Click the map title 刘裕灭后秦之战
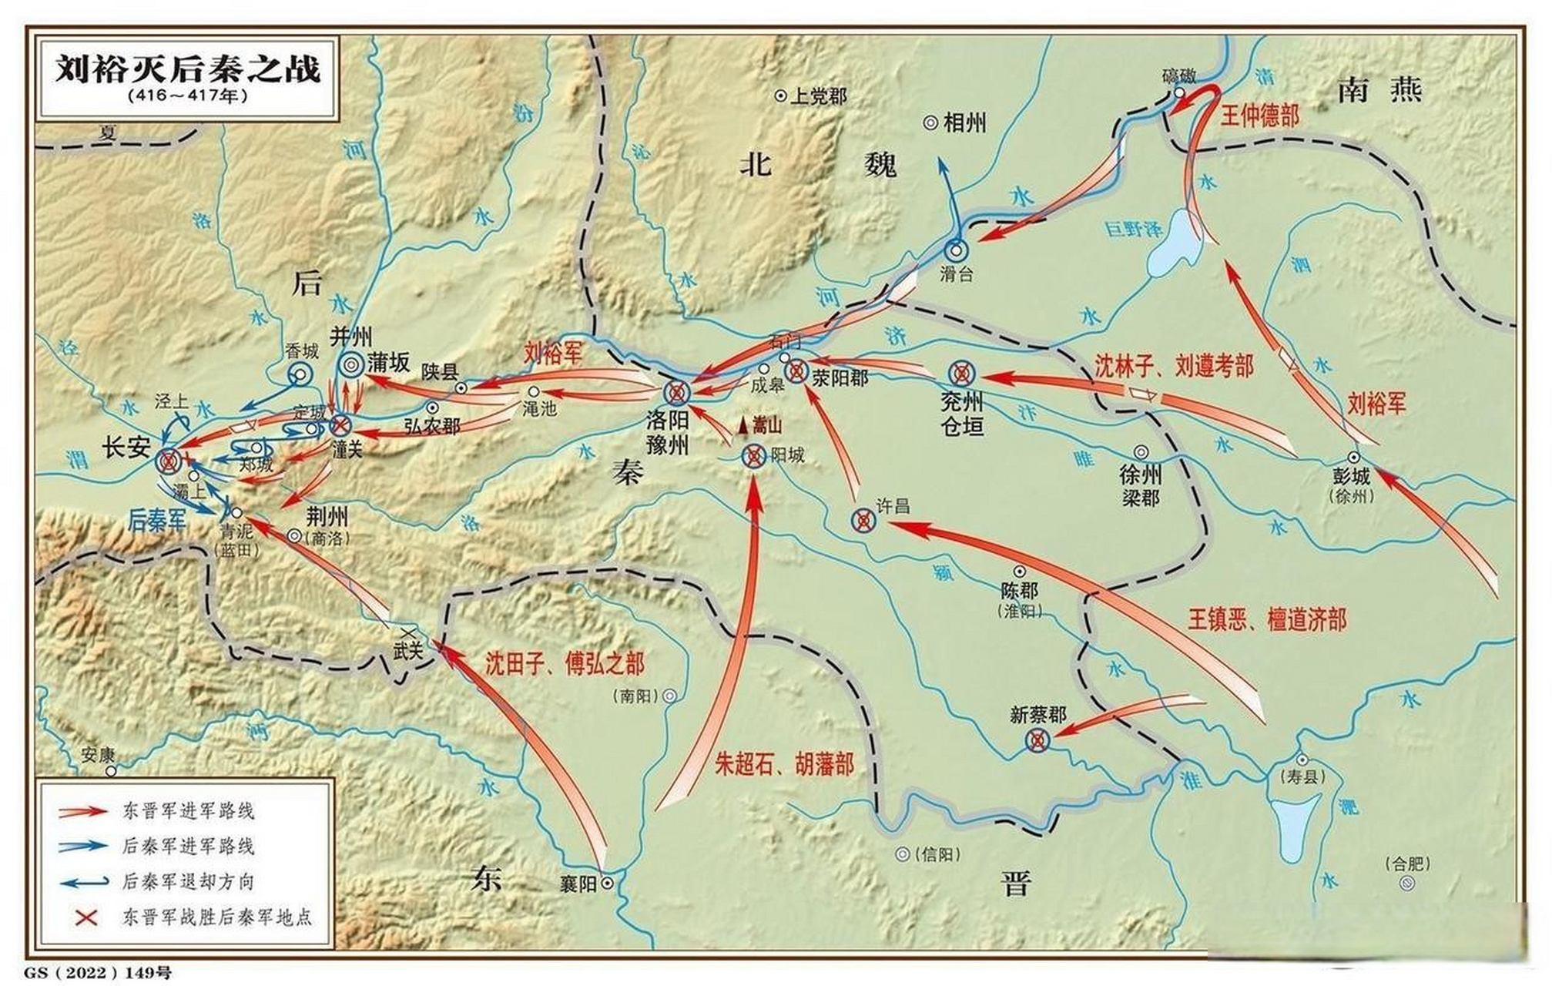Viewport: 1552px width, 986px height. [188, 70]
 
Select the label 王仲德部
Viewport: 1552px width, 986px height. [1260, 116]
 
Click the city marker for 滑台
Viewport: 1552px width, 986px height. [957, 250]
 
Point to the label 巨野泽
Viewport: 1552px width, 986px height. [1133, 230]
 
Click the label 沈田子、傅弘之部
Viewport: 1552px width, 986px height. [565, 664]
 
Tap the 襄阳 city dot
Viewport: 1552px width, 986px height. [607, 883]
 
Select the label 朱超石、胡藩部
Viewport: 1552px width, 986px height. [785, 764]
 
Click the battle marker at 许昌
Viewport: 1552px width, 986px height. [863, 522]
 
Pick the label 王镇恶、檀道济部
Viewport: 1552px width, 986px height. [1267, 619]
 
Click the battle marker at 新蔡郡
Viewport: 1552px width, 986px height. [1038, 741]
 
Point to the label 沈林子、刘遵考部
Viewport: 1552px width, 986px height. [1174, 366]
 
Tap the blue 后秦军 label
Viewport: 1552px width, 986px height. [157, 520]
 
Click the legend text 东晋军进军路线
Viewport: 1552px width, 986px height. [188, 810]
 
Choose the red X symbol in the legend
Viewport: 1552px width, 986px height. [86, 917]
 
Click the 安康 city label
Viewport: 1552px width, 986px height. [98, 754]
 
